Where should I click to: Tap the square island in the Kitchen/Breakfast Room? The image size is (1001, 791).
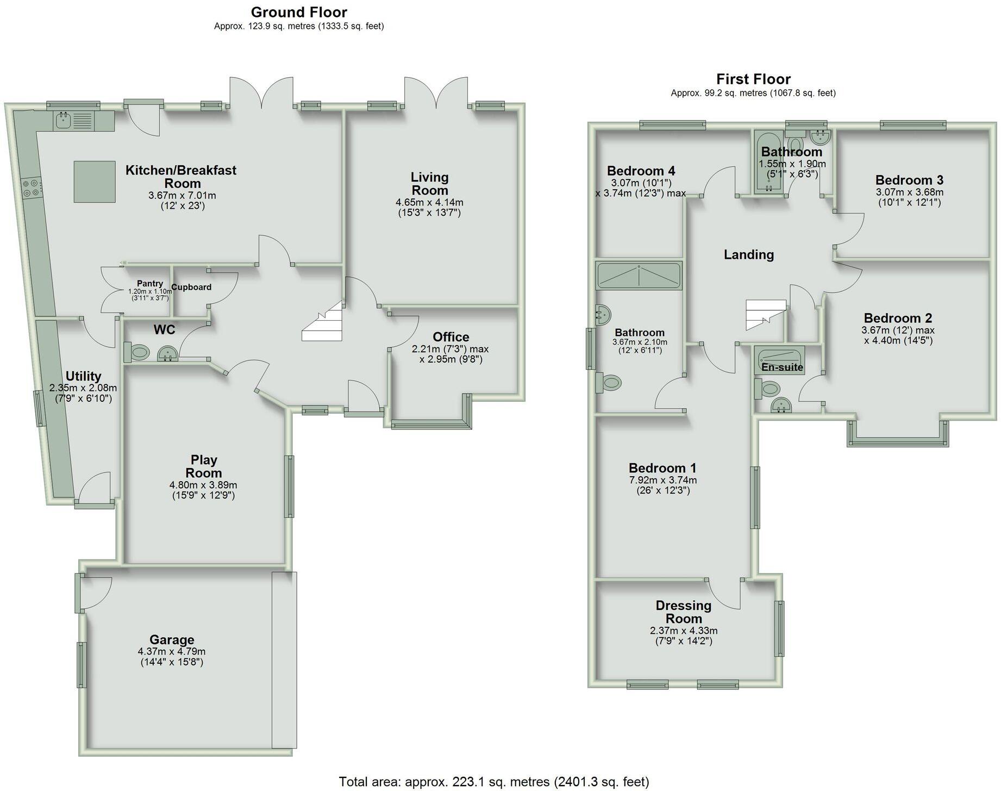(95, 182)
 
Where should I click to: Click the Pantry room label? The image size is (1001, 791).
(149, 283)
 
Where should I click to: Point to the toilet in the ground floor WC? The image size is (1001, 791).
(137, 352)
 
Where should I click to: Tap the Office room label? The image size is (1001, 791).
(451, 337)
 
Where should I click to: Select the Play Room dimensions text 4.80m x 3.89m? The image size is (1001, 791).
(203, 485)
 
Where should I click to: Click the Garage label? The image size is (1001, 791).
(172, 640)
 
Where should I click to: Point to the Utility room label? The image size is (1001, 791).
(83, 376)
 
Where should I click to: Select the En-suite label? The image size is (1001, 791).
(782, 367)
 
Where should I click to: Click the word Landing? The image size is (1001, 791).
(748, 254)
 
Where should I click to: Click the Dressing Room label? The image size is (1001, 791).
(683, 612)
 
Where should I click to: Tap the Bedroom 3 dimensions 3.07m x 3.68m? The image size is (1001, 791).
(909, 192)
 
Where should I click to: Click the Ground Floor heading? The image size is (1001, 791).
(299, 12)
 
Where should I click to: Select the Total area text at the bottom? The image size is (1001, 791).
(493, 782)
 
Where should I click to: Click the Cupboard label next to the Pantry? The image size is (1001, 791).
(191, 287)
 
